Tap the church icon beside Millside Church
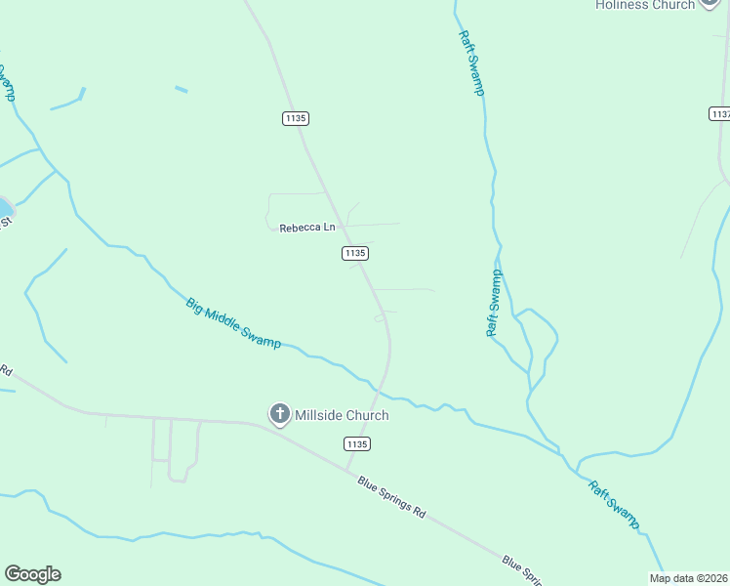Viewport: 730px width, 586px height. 279,414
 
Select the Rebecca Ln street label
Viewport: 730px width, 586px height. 306,228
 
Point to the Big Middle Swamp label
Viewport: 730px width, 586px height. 233,323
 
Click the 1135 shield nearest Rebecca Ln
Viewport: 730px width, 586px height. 354,253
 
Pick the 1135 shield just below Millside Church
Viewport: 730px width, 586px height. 357,443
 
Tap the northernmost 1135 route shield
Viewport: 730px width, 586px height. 296,118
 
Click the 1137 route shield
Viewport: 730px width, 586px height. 719,114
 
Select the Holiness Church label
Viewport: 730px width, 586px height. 645,5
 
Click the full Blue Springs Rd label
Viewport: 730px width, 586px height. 392,497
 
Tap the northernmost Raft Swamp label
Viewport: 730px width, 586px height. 471,63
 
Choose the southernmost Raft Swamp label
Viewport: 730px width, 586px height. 613,504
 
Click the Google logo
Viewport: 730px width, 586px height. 32,574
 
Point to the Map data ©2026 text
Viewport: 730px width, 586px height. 689,578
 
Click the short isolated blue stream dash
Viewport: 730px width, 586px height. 181,90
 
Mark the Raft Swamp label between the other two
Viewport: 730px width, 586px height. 494,303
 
